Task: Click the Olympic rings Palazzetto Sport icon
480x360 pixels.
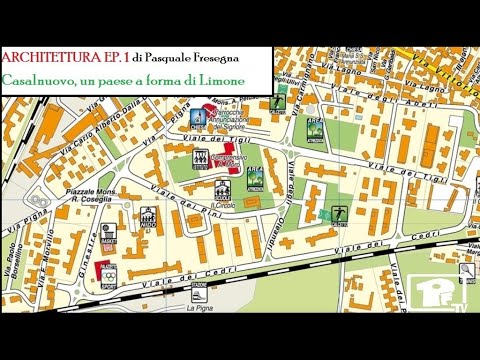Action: point(108,273)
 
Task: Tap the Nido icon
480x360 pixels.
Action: point(148,216)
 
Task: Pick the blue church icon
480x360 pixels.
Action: point(197,117)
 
